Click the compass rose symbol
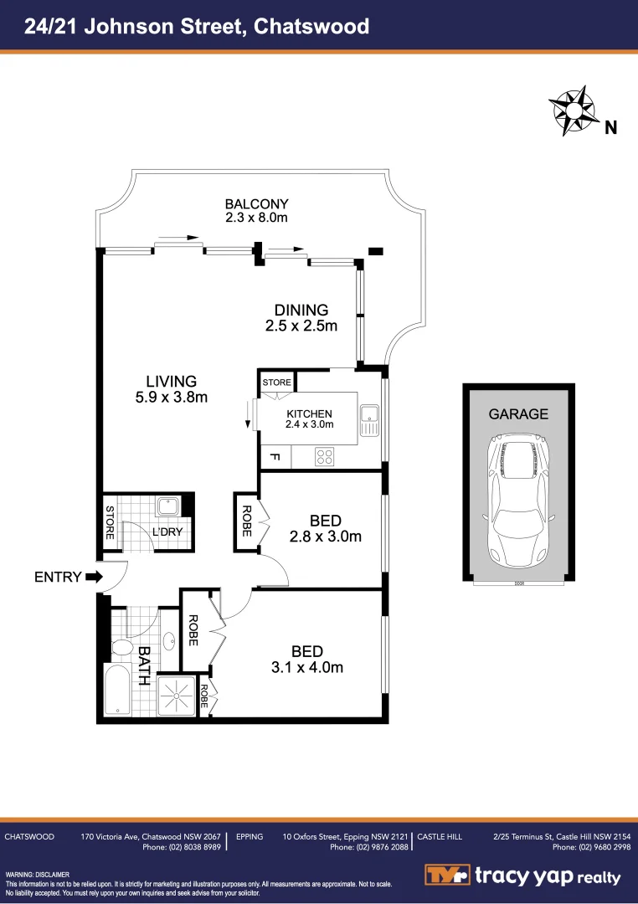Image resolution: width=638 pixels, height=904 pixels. [572, 110]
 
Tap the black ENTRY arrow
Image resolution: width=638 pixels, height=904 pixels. [93, 577]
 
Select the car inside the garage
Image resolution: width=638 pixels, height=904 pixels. [518, 499]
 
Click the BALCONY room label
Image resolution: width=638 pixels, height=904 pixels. [256, 203]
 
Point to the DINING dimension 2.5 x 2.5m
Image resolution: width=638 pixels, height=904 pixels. [301, 326]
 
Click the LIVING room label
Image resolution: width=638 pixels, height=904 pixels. [171, 381]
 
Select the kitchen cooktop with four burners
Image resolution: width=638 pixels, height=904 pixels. [324, 457]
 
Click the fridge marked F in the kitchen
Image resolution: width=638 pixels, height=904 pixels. [273, 458]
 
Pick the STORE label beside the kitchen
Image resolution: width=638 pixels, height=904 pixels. [276, 383]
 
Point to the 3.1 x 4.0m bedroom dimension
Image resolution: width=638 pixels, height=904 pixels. [306, 667]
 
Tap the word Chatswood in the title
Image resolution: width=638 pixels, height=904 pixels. [311, 26]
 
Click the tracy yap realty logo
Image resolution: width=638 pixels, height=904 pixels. [522, 876]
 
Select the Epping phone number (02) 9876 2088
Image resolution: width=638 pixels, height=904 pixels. [368, 847]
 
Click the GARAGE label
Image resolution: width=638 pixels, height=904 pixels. [518, 413]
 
